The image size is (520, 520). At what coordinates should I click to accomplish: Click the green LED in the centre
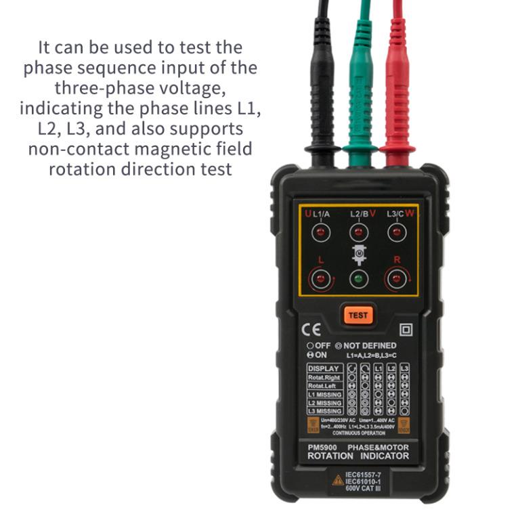tap(359, 278)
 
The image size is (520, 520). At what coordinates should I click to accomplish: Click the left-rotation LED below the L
tap(322, 278)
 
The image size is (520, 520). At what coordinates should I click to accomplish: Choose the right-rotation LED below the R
tap(396, 278)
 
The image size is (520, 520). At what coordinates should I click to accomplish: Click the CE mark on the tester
tap(307, 330)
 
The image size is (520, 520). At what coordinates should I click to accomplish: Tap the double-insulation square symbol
tap(406, 330)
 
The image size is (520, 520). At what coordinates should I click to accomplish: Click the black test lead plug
tap(322, 88)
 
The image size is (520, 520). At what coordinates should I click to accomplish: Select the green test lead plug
tap(360, 88)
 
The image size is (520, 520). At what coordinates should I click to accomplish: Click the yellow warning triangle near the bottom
tap(337, 479)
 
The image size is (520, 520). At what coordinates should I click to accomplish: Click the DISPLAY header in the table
tap(324, 369)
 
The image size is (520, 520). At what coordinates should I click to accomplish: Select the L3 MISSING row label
tap(325, 411)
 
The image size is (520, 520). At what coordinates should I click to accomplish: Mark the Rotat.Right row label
tap(324, 378)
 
